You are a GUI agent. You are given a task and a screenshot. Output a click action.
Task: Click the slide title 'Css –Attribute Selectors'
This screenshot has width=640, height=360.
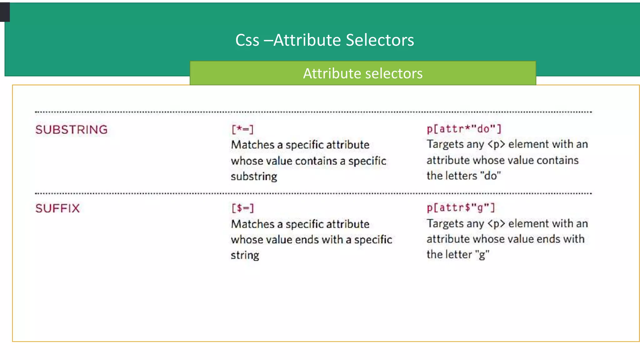pyautogui.click(x=324, y=40)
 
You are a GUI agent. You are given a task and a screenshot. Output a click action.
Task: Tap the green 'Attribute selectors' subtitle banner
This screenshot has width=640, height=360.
pyautogui.click(x=362, y=73)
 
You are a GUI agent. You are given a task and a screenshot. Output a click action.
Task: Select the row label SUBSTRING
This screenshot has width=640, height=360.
pyautogui.click(x=71, y=130)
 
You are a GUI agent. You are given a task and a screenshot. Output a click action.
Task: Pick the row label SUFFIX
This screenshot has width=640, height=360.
pyautogui.click(x=57, y=208)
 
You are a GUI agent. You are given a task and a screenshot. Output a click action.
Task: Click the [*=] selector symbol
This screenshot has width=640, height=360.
pyautogui.click(x=242, y=129)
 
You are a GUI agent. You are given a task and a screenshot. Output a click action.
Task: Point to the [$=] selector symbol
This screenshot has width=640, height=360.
pyautogui.click(x=242, y=208)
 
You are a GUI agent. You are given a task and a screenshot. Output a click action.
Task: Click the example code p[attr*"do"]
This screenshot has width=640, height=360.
pyautogui.click(x=464, y=129)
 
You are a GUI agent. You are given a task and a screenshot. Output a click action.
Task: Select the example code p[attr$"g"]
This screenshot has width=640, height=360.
pyautogui.click(x=461, y=207)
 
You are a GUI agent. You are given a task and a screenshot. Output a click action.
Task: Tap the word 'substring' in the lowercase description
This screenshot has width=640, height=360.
pyautogui.click(x=254, y=177)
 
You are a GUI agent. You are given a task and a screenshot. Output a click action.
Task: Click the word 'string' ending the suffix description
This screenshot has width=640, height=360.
pyautogui.click(x=245, y=255)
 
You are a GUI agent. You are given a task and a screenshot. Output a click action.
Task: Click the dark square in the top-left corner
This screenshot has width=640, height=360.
pyautogui.click(x=5, y=12)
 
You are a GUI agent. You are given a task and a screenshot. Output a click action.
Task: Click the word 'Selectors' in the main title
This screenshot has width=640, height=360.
pyautogui.click(x=380, y=40)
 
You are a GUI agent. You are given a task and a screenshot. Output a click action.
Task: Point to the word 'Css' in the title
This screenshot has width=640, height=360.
pyautogui.click(x=247, y=40)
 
